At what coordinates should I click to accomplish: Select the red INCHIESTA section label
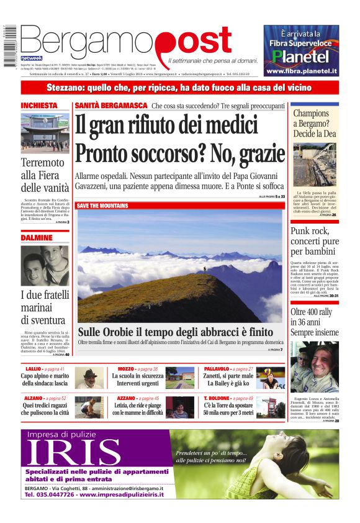(x=39, y=106)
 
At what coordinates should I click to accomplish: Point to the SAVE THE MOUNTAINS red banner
(x=102, y=206)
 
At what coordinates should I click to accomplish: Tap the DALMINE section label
(x=37, y=238)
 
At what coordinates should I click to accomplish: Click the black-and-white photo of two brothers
(x=45, y=266)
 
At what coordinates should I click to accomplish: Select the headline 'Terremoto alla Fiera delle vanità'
(x=45, y=175)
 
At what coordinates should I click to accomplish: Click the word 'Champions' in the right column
(x=311, y=114)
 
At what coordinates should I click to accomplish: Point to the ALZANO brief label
(x=34, y=398)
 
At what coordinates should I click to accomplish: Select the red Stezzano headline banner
(x=179, y=88)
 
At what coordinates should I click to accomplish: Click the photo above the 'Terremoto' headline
(x=45, y=133)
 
